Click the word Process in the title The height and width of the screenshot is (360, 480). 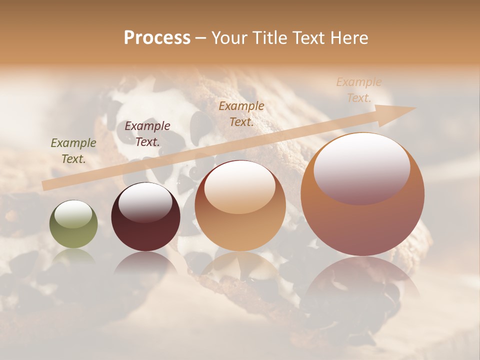click(x=157, y=37)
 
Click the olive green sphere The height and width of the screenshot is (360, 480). click(x=73, y=225)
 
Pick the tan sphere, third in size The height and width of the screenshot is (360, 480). click(x=240, y=206)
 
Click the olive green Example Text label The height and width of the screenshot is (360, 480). click(x=73, y=151)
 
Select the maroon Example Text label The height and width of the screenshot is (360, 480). click(x=147, y=133)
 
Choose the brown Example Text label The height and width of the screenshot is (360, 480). click(x=241, y=113)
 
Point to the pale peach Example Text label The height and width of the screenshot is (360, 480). click(x=359, y=90)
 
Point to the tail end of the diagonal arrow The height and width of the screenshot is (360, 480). click(x=44, y=186)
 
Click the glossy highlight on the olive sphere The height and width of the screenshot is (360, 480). click(x=73, y=214)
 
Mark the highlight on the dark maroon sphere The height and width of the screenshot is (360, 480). click(x=145, y=202)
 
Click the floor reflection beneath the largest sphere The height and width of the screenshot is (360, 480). click(x=362, y=280)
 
